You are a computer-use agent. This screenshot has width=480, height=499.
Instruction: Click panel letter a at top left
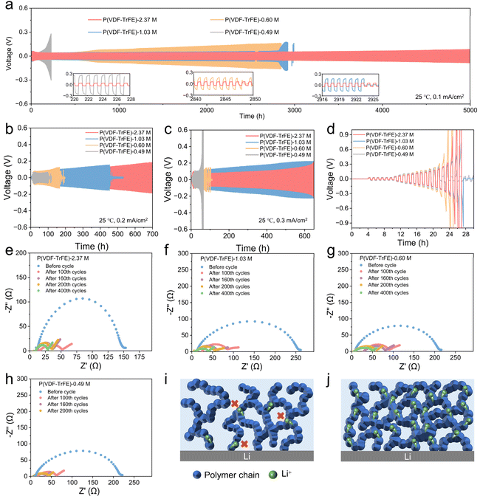[x=6, y=6]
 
